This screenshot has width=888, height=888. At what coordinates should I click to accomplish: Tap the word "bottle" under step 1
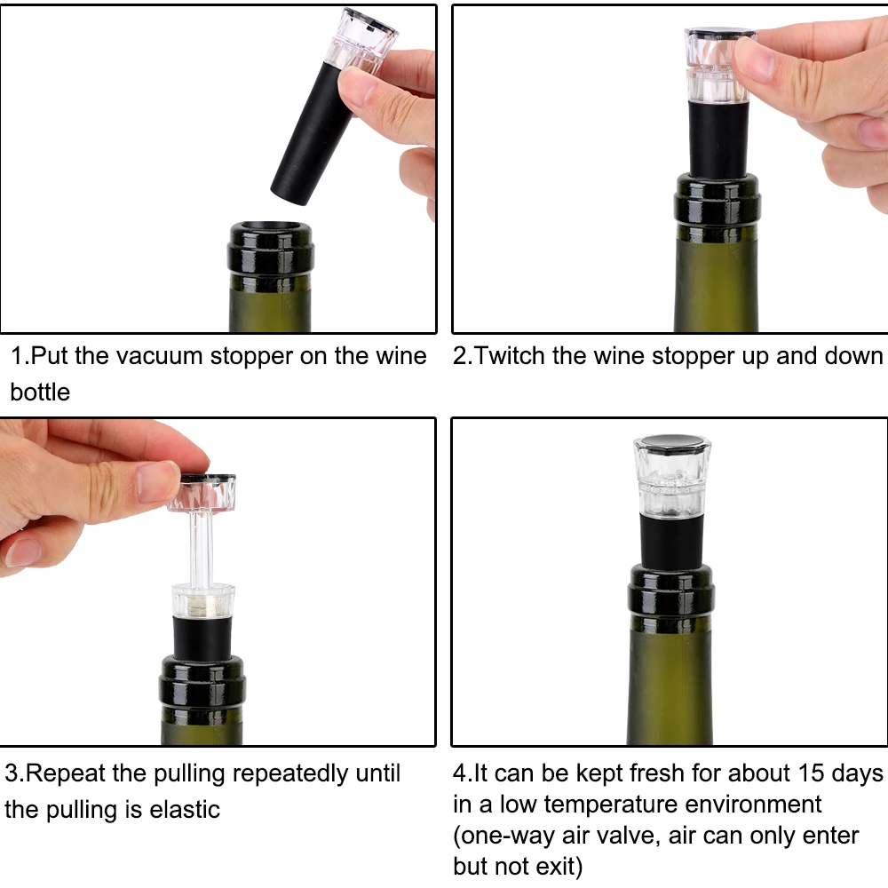(x=40, y=392)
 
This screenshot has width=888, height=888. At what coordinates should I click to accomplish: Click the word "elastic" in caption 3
(x=185, y=809)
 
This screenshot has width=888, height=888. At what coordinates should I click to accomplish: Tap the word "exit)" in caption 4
(x=557, y=867)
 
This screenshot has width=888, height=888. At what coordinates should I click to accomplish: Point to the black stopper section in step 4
(x=671, y=539)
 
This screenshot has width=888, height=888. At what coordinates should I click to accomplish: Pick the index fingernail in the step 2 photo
(x=754, y=59)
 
